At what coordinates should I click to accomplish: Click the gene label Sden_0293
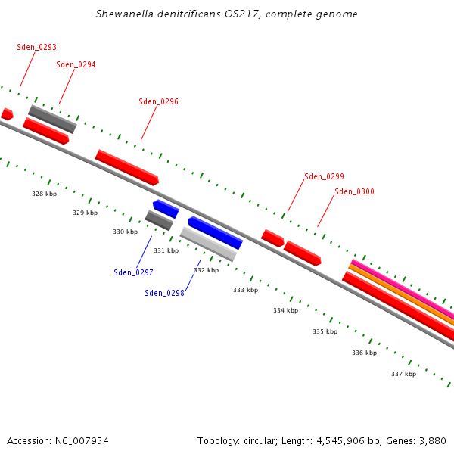(37, 47)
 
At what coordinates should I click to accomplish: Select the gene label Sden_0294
(76, 64)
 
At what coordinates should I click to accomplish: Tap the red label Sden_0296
(159, 101)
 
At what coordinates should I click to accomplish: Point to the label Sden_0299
(324, 176)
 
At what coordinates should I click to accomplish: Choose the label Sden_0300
(354, 191)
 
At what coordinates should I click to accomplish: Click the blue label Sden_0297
(133, 272)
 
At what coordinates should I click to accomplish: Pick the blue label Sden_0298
(164, 293)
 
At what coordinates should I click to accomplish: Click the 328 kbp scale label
(44, 194)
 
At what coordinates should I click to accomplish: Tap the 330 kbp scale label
(125, 232)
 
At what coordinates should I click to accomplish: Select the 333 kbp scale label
(245, 290)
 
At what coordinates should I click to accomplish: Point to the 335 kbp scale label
(325, 331)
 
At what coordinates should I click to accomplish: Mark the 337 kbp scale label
(403, 374)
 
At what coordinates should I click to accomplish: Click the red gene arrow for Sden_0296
(126, 167)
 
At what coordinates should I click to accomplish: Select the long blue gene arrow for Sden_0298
(216, 233)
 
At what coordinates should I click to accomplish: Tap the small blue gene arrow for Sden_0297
(166, 208)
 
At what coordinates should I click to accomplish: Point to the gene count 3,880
(431, 440)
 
